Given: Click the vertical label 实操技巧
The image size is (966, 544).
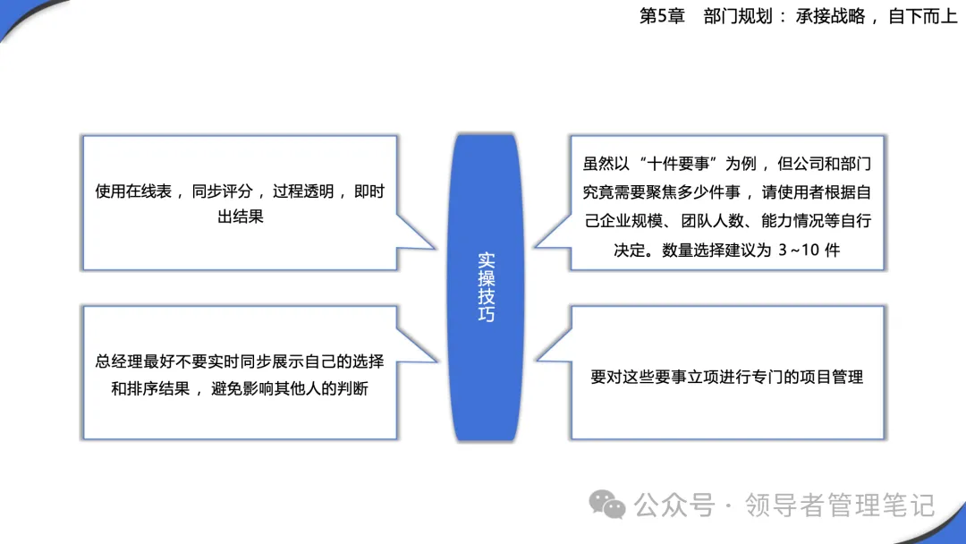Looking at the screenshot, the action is tap(486, 287).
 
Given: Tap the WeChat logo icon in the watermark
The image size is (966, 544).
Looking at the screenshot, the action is tap(606, 505).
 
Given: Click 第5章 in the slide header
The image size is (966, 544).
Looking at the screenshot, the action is tap(662, 16).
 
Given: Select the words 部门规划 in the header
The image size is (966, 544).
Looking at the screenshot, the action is tap(738, 16).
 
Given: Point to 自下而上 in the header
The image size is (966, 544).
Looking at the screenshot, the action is tap(922, 16).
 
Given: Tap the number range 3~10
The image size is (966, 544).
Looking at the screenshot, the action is tap(799, 251).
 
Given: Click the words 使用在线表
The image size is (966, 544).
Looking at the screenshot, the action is tap(133, 191).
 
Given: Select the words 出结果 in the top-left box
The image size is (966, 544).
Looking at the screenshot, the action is tap(241, 217).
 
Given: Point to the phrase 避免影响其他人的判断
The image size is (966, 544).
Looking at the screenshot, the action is tap(290, 388).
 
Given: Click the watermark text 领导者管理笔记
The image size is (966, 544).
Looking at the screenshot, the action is tap(840, 506).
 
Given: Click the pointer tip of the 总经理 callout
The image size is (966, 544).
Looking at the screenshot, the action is tap(437, 361).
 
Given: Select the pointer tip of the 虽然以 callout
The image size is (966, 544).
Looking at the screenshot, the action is tap(534, 247).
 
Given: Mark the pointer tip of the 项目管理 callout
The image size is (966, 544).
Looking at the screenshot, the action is tap(536, 360).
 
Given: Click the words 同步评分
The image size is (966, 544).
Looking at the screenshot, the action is tap(222, 191).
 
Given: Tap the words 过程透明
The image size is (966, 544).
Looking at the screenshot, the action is tap(303, 191).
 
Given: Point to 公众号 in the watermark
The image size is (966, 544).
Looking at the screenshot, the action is tap(674, 506).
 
